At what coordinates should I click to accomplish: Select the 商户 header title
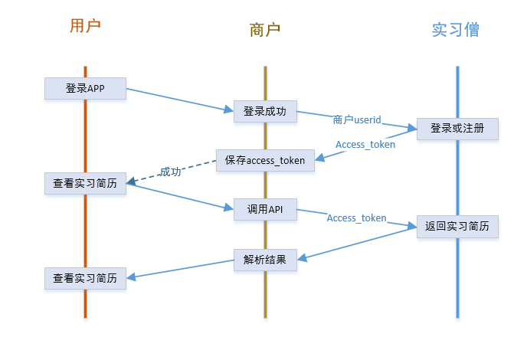click(x=265, y=30)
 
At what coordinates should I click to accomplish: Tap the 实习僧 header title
click(x=456, y=30)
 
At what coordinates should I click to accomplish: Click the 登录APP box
click(x=85, y=88)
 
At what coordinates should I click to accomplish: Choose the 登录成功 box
click(x=265, y=111)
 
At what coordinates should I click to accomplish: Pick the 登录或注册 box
click(x=457, y=128)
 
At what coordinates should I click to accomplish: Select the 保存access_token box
click(x=265, y=160)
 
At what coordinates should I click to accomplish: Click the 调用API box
click(x=265, y=209)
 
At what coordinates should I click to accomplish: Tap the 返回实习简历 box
click(x=457, y=226)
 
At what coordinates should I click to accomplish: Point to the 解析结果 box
click(x=265, y=260)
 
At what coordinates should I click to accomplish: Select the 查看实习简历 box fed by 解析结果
click(x=85, y=278)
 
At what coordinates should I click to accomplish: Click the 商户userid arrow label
click(x=357, y=119)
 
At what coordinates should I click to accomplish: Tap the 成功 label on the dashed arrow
click(x=171, y=172)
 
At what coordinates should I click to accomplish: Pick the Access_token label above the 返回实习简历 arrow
click(x=356, y=218)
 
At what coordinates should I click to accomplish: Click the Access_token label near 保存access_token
click(x=365, y=143)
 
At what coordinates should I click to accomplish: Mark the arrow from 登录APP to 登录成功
click(x=179, y=100)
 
